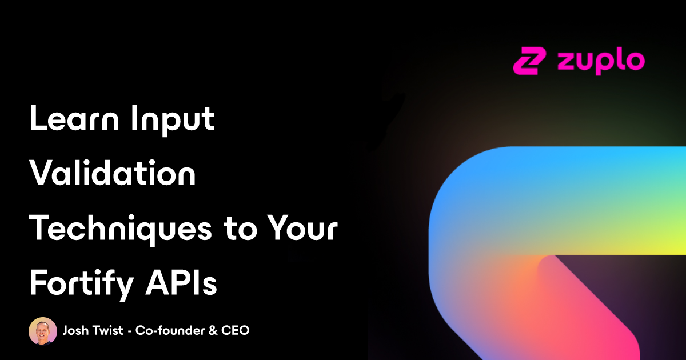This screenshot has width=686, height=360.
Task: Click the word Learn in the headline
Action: pos(74,118)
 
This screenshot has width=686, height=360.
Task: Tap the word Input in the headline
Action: pos(173,121)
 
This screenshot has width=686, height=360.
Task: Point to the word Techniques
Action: pos(121,229)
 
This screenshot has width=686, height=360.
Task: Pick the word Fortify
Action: pos(81,284)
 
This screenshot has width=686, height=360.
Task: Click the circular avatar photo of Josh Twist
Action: pos(43,331)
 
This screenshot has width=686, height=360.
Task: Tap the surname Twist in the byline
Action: pos(109,330)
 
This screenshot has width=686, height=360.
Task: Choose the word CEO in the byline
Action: pos(235,331)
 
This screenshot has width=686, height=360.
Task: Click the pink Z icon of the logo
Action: pos(529,61)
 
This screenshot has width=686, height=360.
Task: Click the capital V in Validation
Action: pos(42,173)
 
